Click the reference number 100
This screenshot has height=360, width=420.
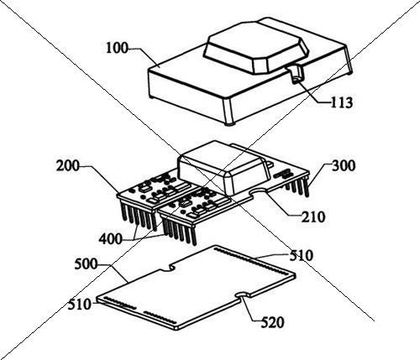click(117, 48)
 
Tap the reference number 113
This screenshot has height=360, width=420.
click(342, 102)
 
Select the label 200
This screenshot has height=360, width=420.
click(68, 166)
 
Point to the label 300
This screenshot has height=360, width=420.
click(344, 166)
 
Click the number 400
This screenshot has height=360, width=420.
click(110, 239)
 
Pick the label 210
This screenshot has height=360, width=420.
click(313, 217)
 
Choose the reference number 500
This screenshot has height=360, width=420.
click(86, 264)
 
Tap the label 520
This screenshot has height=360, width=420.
click(272, 323)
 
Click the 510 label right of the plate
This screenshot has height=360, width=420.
click(301, 255)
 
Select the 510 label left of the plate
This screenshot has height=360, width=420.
click(80, 305)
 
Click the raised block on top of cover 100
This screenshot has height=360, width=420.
click(256, 48)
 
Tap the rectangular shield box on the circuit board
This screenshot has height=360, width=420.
click(225, 167)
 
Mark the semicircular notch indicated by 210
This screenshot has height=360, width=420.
click(260, 191)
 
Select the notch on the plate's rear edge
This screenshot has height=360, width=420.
click(167, 268)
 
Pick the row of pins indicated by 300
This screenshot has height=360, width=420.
click(297, 187)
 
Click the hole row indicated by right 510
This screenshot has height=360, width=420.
click(251, 260)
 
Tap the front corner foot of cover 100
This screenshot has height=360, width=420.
click(230, 123)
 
